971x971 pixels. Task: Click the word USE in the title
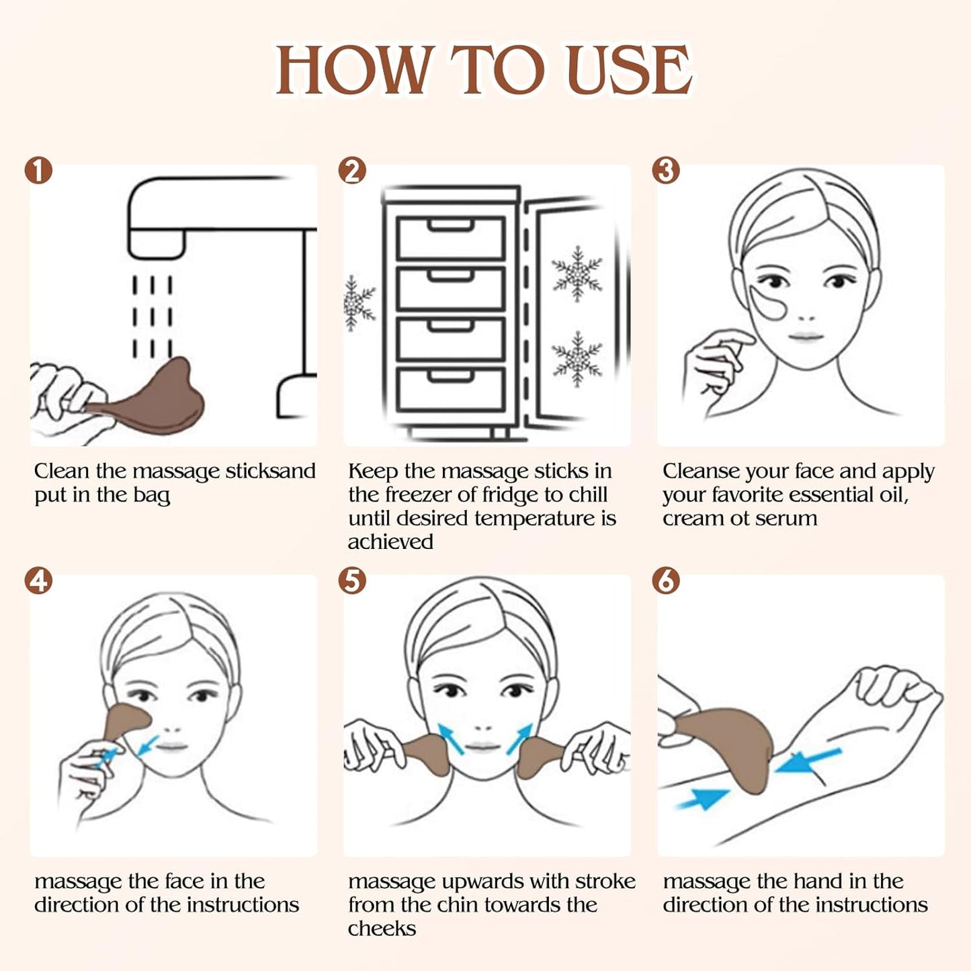[630, 71]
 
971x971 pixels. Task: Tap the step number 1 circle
[38, 171]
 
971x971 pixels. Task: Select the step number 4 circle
[38, 581]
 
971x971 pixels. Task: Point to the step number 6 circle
[666, 581]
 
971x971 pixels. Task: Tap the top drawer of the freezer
[450, 238]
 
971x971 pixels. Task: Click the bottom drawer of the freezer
[450, 389]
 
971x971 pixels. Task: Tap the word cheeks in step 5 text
[382, 929]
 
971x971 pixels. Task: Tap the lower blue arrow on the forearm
[702, 799]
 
